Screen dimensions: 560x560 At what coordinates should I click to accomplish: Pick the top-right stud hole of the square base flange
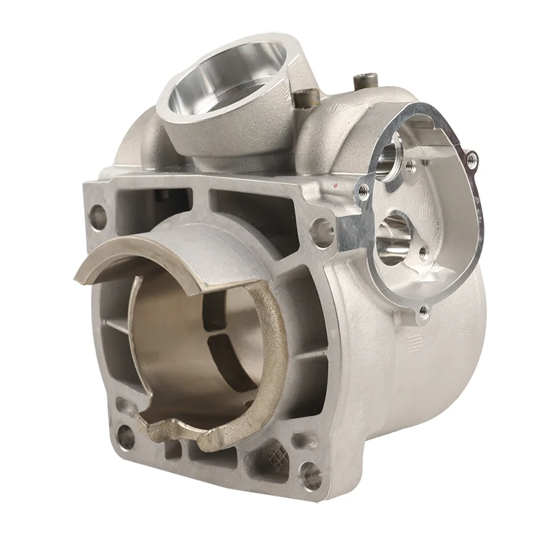point(321,228)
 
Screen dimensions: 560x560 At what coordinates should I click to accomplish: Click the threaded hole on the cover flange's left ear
point(363,190)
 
